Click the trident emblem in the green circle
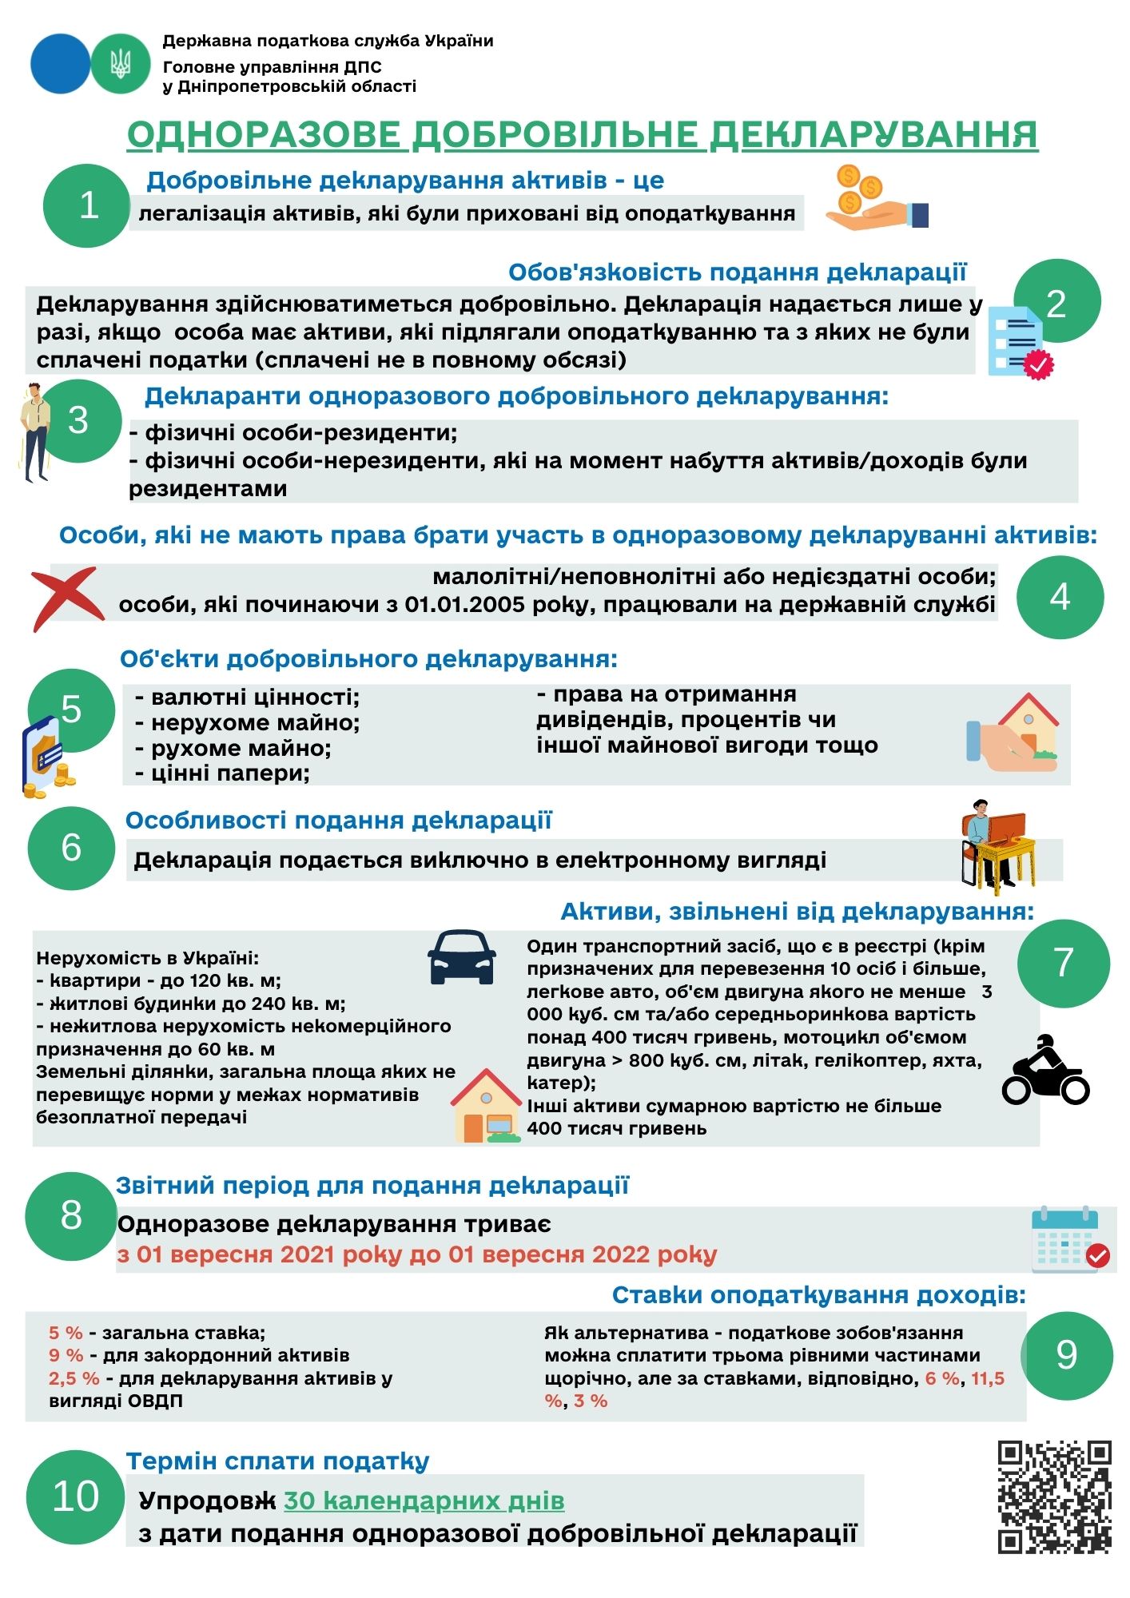[121, 63]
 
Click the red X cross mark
[67, 598]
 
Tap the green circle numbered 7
[1063, 963]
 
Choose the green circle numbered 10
[74, 1497]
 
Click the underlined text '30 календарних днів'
[424, 1501]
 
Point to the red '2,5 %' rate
[74, 1378]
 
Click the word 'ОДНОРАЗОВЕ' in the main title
[264, 135]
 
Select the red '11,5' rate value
[988, 1378]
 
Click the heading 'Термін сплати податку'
[277, 1461]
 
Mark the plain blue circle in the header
[60, 63]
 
